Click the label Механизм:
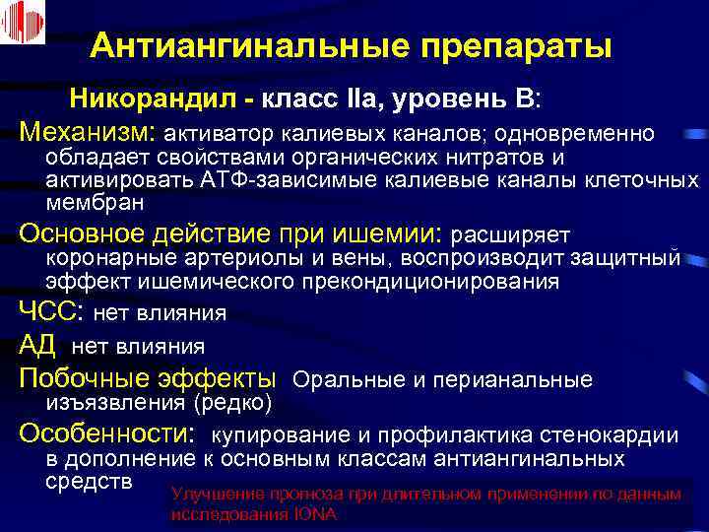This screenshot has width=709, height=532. (88, 131)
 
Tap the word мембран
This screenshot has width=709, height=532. (95, 203)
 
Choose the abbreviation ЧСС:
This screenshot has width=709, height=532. (52, 313)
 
